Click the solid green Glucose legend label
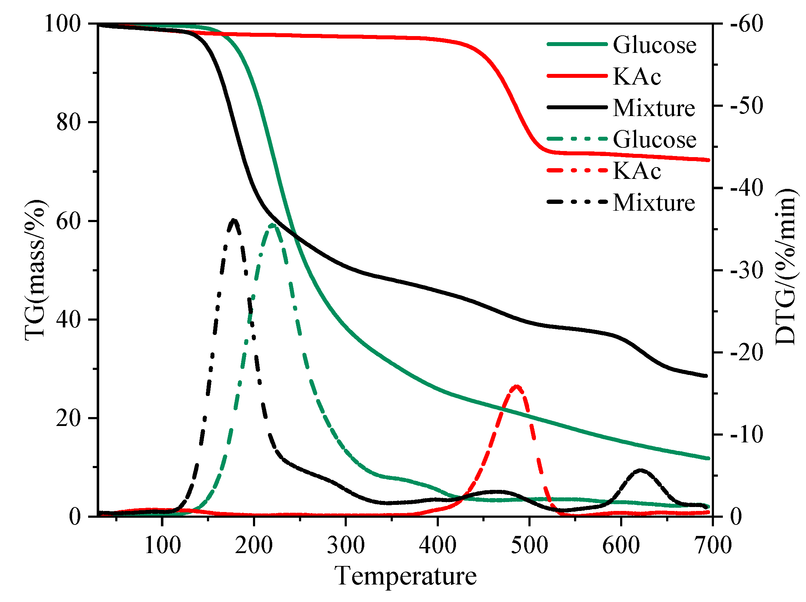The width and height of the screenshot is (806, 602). pos(654,45)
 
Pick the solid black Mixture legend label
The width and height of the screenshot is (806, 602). pos(653,108)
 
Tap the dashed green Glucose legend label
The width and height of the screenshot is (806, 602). pos(654,140)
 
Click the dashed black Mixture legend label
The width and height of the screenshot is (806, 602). pos(653,202)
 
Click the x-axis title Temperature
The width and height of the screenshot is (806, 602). pos(405,577)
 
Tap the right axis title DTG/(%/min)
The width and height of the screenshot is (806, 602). pos(786,267)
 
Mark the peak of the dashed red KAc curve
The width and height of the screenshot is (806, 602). pos(516,386)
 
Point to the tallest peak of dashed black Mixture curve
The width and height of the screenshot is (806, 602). pos(234,220)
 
